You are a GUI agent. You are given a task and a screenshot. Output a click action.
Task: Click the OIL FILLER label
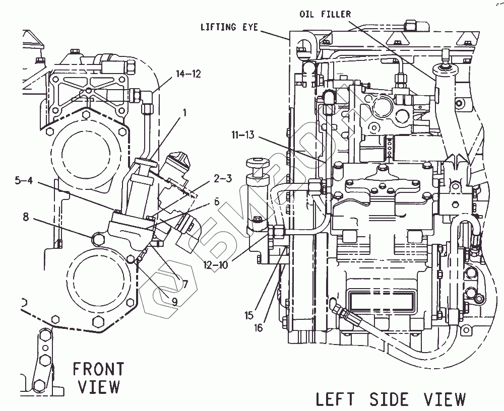[325, 14]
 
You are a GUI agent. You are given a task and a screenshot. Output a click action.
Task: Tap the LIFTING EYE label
[229, 27]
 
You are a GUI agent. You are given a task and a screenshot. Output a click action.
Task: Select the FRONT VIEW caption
[98, 378]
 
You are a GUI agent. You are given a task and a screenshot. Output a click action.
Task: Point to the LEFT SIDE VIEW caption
[390, 399]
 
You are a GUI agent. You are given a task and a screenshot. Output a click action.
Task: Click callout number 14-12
[188, 74]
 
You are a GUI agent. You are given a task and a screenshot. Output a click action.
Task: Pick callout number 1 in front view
[184, 113]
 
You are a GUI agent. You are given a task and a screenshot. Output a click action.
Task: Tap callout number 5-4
[24, 180]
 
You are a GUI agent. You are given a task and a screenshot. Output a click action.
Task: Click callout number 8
[26, 217]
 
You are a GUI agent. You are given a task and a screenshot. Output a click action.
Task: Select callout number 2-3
[223, 178]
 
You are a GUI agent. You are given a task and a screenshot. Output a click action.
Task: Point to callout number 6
[217, 202]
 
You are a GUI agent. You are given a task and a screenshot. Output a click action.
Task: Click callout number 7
[184, 284]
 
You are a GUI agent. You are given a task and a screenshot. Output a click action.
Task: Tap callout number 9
[174, 301]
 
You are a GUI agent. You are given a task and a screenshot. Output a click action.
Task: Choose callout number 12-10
[216, 265]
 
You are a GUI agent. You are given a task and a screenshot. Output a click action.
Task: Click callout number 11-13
[243, 134]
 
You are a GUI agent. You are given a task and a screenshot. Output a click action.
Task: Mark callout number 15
[249, 316]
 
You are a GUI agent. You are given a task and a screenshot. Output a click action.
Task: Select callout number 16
[259, 328]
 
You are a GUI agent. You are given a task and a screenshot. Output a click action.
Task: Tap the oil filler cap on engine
[443, 68]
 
